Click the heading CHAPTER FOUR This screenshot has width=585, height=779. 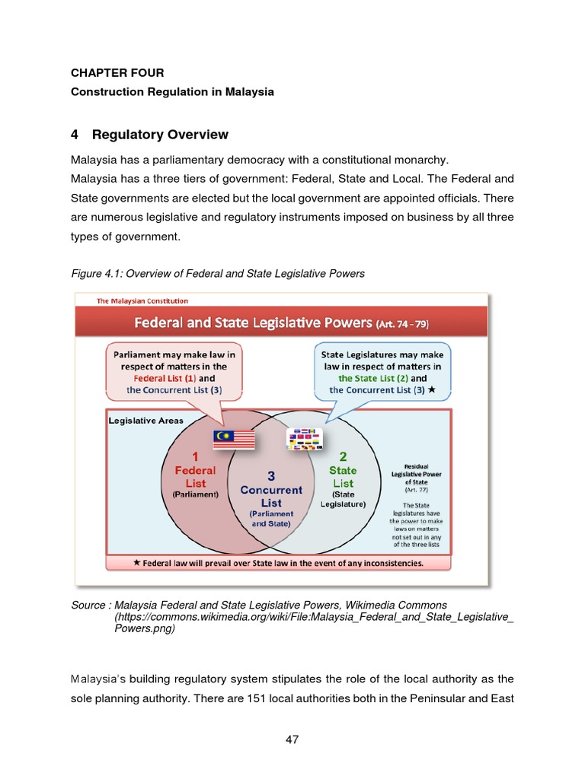(x=117, y=73)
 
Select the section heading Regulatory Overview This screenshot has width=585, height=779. (x=160, y=135)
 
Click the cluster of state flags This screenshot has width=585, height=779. (x=305, y=437)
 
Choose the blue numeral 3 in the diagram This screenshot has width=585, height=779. (x=270, y=475)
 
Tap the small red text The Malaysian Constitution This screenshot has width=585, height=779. (x=142, y=301)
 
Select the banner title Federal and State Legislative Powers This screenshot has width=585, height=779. (x=254, y=323)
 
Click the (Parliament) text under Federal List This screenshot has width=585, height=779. (x=195, y=494)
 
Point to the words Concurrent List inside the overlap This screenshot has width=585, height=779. (x=271, y=496)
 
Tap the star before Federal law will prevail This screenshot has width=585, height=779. (x=136, y=564)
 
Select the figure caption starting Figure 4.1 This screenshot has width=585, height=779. (x=218, y=274)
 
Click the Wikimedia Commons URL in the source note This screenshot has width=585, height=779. (x=314, y=617)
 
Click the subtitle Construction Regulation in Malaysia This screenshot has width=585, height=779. (x=172, y=92)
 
